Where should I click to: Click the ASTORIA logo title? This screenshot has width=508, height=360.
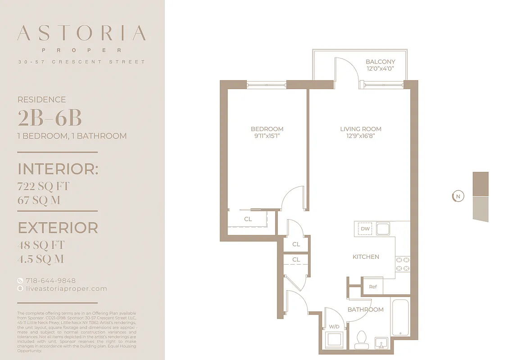(x=82, y=34)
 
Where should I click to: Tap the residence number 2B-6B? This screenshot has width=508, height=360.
(x=50, y=118)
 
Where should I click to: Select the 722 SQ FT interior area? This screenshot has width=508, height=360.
(x=43, y=186)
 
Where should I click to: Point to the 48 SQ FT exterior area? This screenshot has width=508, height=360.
(x=41, y=245)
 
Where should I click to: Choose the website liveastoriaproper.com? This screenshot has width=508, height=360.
(x=66, y=289)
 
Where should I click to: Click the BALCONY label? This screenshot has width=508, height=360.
(x=380, y=62)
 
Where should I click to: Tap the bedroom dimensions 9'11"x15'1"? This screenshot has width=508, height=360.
(x=267, y=136)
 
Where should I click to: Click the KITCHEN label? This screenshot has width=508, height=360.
(x=366, y=256)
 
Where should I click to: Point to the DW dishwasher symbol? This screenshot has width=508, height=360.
(x=365, y=229)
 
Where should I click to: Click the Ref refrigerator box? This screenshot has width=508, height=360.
(x=373, y=287)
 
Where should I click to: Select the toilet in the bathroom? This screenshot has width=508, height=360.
(x=362, y=340)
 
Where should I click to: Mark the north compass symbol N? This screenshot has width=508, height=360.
(x=458, y=196)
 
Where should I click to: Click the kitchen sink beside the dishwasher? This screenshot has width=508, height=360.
(x=383, y=229)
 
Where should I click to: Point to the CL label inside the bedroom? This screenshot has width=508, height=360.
(x=248, y=219)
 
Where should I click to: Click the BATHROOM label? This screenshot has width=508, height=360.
(x=365, y=310)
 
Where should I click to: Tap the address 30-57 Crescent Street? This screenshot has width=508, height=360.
(x=82, y=62)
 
